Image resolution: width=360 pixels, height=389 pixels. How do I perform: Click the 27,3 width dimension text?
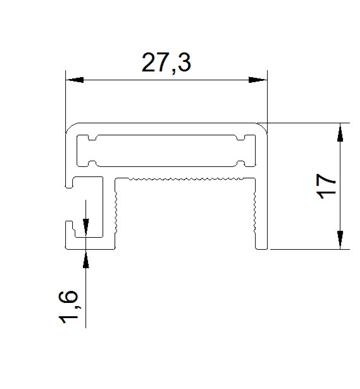point(166,63)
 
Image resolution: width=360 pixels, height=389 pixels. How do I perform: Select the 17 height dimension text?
point(326,187)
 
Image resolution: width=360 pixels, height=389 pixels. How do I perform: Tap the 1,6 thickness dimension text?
point(68,307)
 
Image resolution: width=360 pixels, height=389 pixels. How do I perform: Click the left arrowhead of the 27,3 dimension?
point(75,80)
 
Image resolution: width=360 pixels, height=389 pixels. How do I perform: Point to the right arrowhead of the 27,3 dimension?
point(258,80)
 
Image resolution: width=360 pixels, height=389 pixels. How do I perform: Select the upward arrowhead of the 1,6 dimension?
point(86,259)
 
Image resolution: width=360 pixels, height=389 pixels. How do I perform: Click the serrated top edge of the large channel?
point(185,178)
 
